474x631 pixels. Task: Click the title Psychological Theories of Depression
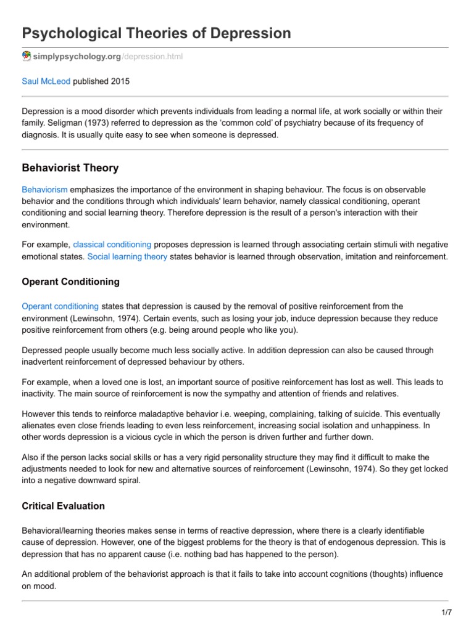click(156, 33)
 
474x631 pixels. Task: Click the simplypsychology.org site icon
click(27, 56)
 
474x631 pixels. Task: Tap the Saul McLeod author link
click(46, 81)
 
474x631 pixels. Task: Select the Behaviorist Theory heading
click(70, 168)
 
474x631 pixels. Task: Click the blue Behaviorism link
click(44, 190)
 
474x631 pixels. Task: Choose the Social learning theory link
click(127, 256)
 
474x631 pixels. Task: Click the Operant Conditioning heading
click(70, 282)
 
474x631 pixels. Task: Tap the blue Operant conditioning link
click(60, 306)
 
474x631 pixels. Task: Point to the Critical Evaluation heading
click(63, 506)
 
